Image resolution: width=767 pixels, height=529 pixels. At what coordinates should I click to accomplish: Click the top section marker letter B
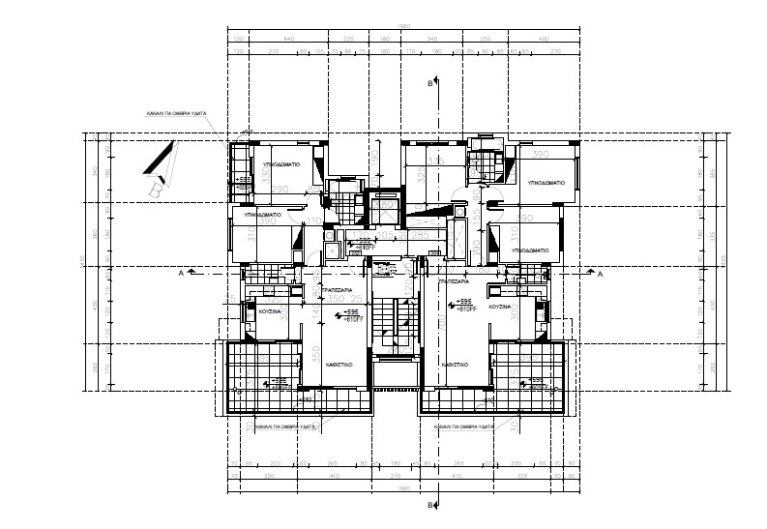click(x=430, y=85)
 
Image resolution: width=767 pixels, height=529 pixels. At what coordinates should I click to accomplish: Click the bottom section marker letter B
click(x=430, y=505)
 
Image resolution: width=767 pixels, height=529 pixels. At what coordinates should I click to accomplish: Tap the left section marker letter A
click(x=180, y=274)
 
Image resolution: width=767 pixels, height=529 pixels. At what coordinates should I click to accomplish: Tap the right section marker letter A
click(x=602, y=275)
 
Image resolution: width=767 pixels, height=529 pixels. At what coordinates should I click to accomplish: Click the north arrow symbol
click(x=162, y=164)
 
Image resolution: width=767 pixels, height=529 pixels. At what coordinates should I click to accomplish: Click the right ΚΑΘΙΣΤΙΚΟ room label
click(x=456, y=364)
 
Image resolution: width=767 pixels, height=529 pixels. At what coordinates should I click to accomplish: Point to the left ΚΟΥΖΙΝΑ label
click(x=270, y=312)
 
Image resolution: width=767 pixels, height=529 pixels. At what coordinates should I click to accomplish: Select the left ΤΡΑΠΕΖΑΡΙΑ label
click(x=337, y=289)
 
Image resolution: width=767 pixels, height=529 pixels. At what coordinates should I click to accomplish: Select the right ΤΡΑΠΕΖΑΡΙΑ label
click(x=453, y=281)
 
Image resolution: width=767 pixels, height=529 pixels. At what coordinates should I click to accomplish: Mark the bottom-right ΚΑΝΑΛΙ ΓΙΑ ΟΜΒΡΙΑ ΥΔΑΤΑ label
click(x=465, y=426)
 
